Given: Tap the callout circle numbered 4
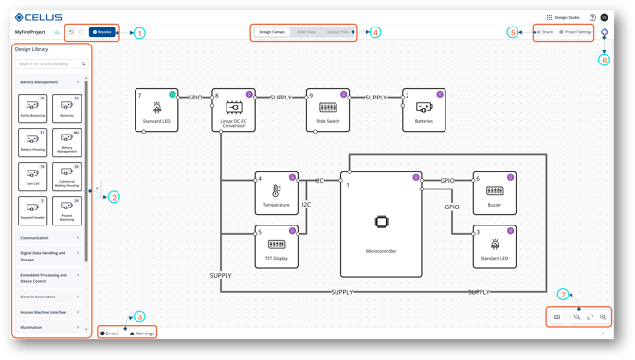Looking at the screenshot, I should [376, 32].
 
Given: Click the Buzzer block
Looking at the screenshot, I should [493, 192].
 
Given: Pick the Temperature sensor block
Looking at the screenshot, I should [277, 192].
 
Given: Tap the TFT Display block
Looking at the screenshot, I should [277, 245].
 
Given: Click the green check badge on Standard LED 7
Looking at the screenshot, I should [172, 94].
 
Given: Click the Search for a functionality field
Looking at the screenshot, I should [50, 63].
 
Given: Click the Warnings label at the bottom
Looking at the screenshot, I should [142, 333].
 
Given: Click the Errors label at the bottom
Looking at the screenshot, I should [110, 333].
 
